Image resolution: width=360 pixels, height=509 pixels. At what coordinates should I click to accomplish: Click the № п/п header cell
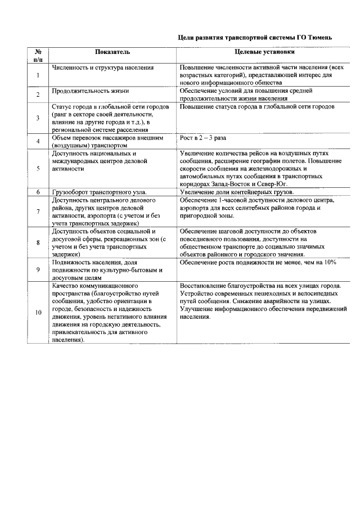[38, 55]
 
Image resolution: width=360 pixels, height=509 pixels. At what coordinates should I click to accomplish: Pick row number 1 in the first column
[38, 75]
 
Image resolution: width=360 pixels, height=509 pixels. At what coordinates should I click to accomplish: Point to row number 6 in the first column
[38, 192]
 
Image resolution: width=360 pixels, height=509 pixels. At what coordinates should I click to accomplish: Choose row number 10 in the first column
[38, 313]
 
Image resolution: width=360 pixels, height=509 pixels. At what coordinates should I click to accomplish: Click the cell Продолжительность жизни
[91, 91]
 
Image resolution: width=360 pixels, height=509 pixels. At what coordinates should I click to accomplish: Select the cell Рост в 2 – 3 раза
[204, 137]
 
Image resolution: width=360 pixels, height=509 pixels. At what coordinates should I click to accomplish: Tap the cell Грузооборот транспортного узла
[99, 192]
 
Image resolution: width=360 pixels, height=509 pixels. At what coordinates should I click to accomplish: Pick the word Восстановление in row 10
[203, 286]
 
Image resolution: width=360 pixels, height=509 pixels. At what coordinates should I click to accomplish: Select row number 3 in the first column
[38, 118]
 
